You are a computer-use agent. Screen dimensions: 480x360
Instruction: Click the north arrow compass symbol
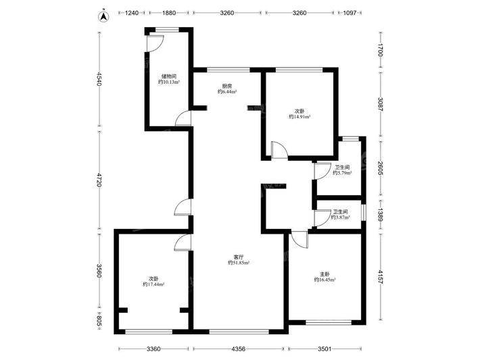click(x=104, y=16)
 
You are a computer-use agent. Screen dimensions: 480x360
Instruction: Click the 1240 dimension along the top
click(x=133, y=13)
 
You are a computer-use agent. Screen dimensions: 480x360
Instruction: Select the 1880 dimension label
click(x=169, y=13)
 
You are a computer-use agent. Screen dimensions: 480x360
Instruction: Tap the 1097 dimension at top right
click(x=350, y=13)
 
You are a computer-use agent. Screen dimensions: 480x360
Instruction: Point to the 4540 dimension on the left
click(x=99, y=78)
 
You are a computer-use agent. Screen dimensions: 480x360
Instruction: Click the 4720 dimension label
click(x=99, y=180)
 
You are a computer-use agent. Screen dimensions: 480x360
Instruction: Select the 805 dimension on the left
click(x=99, y=321)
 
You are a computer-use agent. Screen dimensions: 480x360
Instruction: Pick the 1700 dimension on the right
click(x=380, y=50)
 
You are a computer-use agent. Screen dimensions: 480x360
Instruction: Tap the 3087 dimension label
click(x=380, y=104)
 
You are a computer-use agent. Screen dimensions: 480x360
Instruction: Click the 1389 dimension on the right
click(x=380, y=215)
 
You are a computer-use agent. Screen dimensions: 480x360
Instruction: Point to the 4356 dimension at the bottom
click(x=239, y=349)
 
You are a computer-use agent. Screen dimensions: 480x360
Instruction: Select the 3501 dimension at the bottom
click(x=325, y=349)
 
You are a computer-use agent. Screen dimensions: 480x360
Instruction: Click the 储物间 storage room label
click(x=169, y=76)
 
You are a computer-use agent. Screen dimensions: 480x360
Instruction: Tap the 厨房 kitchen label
click(x=227, y=86)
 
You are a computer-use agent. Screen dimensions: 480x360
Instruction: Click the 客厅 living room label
click(x=239, y=257)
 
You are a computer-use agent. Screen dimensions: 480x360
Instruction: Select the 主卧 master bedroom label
click(x=325, y=274)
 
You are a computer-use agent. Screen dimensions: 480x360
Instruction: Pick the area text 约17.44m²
click(x=153, y=284)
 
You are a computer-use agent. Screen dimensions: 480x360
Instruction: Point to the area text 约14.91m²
click(x=299, y=117)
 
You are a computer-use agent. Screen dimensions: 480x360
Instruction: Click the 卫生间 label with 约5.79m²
click(x=342, y=168)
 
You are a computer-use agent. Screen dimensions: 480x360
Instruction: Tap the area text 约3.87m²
click(x=341, y=217)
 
